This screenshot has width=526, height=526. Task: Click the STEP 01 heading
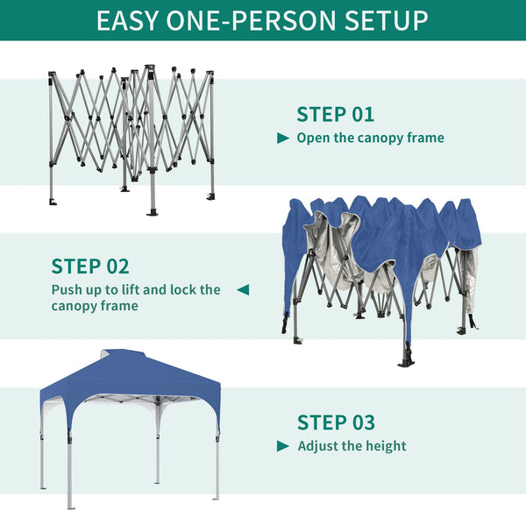tap(335, 114)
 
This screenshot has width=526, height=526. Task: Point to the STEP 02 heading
tap(90, 266)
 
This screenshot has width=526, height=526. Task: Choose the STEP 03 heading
tap(336, 422)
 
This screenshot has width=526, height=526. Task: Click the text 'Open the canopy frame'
tap(370, 138)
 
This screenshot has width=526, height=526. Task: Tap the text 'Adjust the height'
tap(352, 445)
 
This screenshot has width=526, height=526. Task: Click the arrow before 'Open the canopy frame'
tap(283, 138)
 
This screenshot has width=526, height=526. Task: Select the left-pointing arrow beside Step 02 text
tap(243, 288)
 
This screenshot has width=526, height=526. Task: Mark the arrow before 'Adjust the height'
tap(283, 445)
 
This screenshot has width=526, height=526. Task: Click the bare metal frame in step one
tap(131, 131)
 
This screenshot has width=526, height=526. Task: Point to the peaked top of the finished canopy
tap(131, 359)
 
